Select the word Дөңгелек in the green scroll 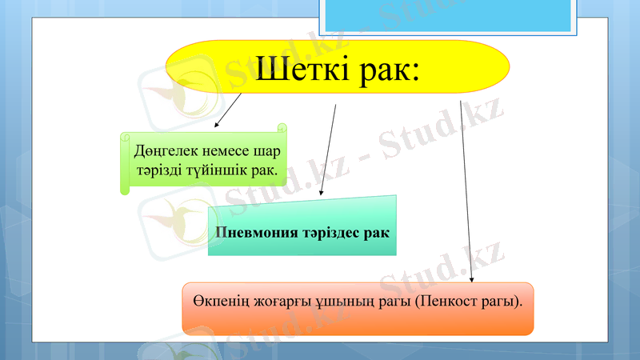163,151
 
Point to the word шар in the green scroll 271,151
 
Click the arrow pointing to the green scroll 230,110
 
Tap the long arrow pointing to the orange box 466,192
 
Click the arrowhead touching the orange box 472,279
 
